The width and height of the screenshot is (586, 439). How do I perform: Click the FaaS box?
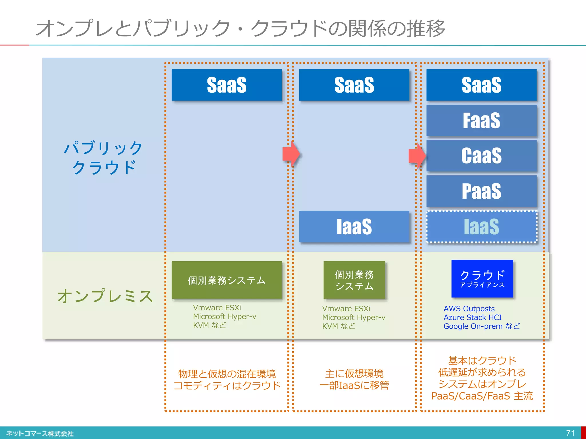coord(481,120)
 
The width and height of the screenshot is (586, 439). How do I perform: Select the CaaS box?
coord(481,156)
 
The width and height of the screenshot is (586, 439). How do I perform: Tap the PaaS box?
coord(481,191)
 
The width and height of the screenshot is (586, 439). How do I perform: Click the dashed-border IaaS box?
coord(481,227)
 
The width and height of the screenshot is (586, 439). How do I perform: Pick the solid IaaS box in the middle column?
coord(354,227)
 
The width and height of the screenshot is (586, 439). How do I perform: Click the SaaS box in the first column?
coord(227,85)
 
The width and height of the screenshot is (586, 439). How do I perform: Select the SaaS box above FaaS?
coord(481,85)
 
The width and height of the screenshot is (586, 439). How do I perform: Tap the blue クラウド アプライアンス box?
coord(482,279)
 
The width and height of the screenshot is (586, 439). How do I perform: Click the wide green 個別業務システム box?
coord(227,280)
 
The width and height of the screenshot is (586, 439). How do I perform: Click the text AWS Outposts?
coord(469,309)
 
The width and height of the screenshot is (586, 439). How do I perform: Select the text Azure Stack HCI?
coord(472,318)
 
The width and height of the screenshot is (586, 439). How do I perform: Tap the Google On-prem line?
coord(482,326)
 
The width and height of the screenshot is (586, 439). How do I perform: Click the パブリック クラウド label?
coord(103,157)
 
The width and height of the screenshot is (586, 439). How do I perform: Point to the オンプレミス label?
coord(105,296)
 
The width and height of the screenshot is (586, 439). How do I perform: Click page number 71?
coord(570,433)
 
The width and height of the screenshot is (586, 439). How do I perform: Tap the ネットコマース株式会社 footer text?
coord(40,434)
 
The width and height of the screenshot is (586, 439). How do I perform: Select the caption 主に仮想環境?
coord(354,374)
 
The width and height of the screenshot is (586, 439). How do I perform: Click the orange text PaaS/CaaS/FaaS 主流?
coord(482,396)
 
